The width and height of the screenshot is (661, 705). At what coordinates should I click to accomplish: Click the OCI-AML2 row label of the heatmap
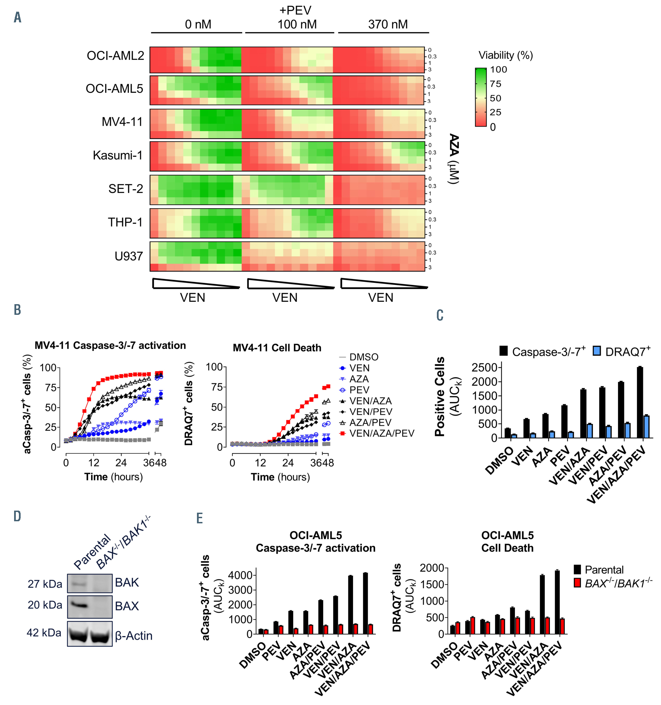click(x=115, y=56)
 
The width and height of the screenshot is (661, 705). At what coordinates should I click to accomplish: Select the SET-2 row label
click(x=125, y=189)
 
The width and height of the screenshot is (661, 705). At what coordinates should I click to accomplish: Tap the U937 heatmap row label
click(x=128, y=256)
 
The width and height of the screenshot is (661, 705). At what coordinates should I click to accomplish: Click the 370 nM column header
click(x=387, y=24)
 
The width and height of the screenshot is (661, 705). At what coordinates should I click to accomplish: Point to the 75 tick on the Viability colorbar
click(x=495, y=84)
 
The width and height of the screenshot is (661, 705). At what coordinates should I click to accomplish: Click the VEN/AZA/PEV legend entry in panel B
click(x=382, y=433)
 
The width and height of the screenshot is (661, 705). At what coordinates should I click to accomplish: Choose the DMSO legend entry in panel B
click(x=363, y=357)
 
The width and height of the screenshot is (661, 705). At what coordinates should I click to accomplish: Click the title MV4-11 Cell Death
click(x=277, y=348)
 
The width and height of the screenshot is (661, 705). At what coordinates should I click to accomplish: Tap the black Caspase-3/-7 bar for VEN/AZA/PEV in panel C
click(x=639, y=402)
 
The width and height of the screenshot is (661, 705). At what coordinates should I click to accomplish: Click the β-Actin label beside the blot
click(x=134, y=635)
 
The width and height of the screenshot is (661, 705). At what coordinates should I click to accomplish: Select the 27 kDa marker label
click(x=45, y=584)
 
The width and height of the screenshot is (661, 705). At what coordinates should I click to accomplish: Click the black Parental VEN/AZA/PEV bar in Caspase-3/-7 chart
click(x=365, y=603)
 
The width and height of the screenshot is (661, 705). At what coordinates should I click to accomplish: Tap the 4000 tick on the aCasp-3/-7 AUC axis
click(x=240, y=575)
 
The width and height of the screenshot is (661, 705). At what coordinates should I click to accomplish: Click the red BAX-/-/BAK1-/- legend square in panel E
click(x=577, y=583)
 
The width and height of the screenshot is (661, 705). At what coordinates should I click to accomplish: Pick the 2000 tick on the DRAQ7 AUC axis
click(x=431, y=568)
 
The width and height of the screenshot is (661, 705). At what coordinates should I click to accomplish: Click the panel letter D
click(x=17, y=516)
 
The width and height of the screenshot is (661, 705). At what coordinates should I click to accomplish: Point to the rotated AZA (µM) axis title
click(x=453, y=159)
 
